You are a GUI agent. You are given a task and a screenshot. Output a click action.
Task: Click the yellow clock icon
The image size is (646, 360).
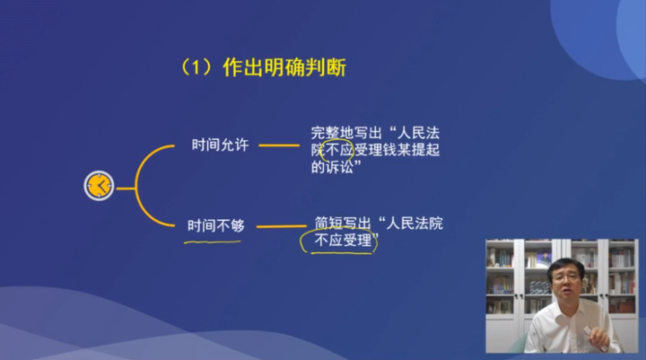[x=99, y=185]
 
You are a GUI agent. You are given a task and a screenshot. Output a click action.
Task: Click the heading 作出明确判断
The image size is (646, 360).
[x=284, y=67]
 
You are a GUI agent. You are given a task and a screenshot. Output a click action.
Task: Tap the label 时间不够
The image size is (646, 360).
[x=215, y=224]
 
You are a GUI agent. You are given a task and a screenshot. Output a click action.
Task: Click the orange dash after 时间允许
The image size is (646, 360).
[x=274, y=145]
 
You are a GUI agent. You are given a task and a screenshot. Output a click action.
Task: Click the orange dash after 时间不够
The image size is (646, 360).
[x=281, y=225]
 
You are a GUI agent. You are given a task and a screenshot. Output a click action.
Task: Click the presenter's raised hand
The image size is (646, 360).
[x=594, y=336]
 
